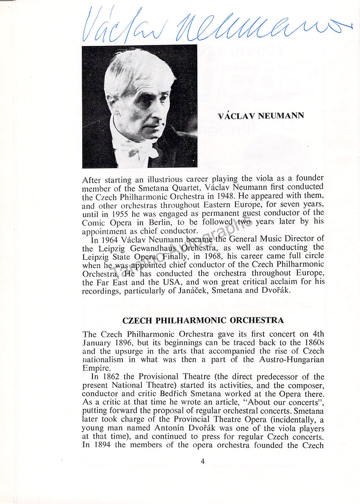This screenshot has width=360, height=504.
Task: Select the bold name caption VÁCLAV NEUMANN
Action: (x=260, y=116)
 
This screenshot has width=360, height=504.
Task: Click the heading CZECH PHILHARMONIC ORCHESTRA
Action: (x=203, y=320)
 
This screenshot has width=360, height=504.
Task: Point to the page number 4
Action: (x=202, y=462)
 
